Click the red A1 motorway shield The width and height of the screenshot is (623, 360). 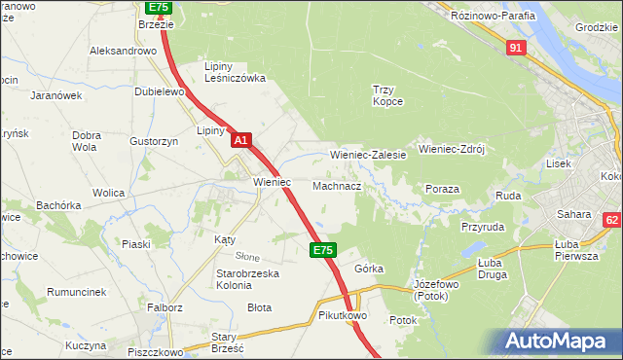242,141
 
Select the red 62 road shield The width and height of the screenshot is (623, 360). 611,221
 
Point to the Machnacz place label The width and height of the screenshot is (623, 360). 337,185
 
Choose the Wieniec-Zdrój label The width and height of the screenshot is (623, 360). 451,150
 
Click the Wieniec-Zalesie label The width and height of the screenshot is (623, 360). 368,155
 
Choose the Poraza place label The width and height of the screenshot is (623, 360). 442,189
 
